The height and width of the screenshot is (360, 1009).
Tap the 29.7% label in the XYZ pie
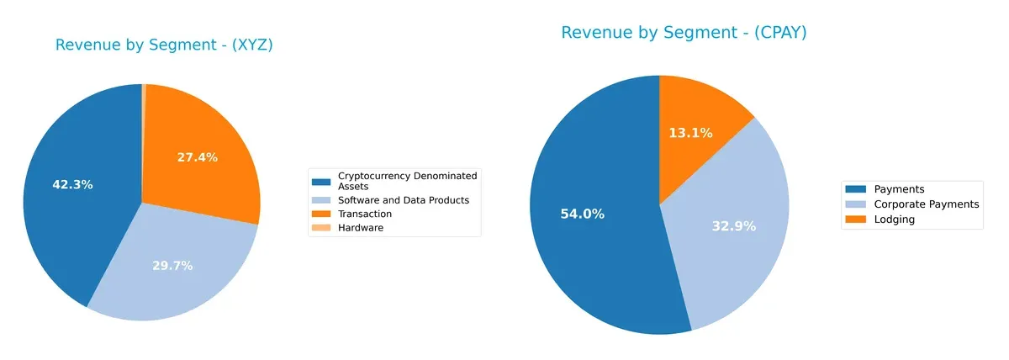[x=172, y=266]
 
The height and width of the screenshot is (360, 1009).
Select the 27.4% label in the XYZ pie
[x=198, y=157]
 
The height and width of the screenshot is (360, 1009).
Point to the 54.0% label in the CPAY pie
[x=583, y=214]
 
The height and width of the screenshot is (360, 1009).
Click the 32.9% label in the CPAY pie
[x=735, y=225]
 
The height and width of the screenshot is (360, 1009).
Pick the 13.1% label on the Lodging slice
[x=690, y=133]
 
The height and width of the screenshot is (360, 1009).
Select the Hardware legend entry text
[x=360, y=228]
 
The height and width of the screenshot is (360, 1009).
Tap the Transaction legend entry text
[x=364, y=214]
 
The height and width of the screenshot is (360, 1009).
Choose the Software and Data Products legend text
[x=403, y=200]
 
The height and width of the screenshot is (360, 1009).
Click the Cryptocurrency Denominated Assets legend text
[x=407, y=181]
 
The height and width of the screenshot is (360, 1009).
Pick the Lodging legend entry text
[x=894, y=219]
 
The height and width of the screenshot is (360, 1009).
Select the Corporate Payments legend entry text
[x=927, y=204]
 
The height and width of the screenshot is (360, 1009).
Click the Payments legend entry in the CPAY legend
[x=899, y=190]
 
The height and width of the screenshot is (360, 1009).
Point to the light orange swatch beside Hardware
[x=321, y=228]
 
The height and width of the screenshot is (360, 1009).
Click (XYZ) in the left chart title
[x=251, y=45]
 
